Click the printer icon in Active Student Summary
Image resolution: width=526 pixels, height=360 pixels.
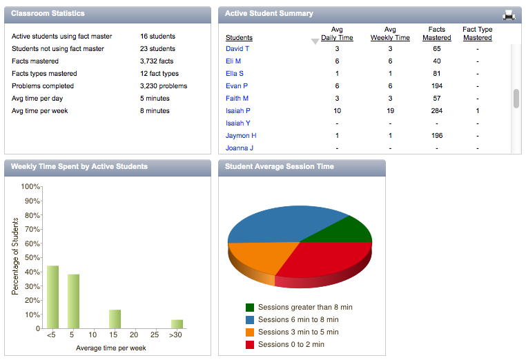(x=509, y=14)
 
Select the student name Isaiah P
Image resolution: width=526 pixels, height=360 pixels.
(x=238, y=110)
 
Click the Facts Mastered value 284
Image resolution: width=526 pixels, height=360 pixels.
(x=437, y=110)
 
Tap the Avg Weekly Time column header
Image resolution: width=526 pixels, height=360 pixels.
(x=390, y=34)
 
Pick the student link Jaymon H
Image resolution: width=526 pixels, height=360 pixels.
(x=241, y=135)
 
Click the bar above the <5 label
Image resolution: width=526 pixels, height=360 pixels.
(x=52, y=297)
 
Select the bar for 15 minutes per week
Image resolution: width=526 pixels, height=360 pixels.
(x=115, y=319)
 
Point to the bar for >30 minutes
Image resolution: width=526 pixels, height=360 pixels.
(x=177, y=324)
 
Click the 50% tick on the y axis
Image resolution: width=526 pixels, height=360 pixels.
(x=32, y=257)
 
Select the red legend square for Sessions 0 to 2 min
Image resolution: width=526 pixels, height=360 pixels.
(x=250, y=345)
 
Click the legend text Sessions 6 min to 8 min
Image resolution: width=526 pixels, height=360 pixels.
(x=298, y=319)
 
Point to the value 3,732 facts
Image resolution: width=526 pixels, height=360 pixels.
(x=157, y=61)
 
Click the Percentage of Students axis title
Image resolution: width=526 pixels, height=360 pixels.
(x=14, y=257)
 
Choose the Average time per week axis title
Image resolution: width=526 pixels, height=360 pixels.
(x=110, y=348)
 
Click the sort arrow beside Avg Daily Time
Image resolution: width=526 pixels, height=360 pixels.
(x=315, y=41)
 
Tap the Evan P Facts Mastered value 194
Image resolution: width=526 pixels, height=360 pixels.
(x=437, y=86)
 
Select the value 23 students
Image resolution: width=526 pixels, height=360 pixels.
(x=157, y=48)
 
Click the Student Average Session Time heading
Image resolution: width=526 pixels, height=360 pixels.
(x=280, y=167)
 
